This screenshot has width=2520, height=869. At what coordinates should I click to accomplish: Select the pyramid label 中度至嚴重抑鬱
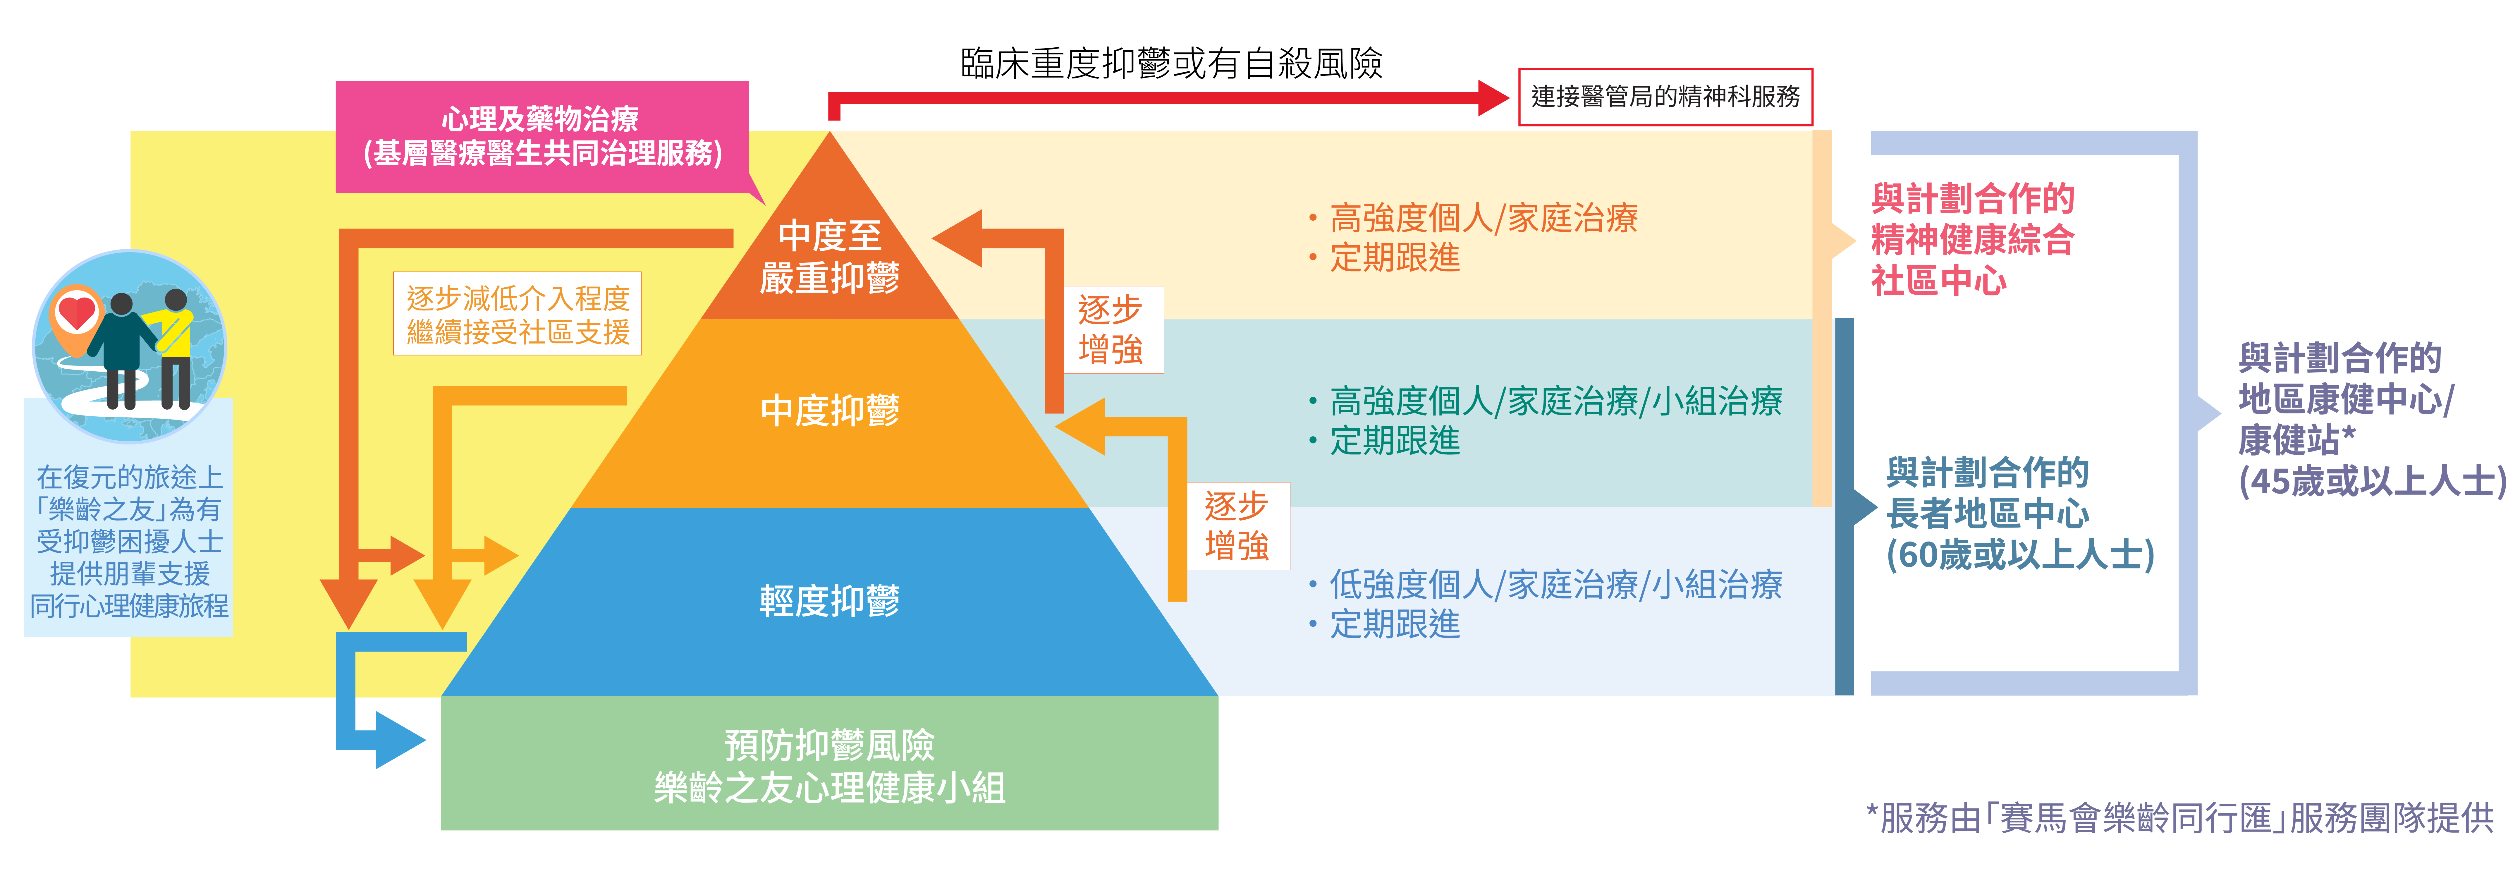point(830,256)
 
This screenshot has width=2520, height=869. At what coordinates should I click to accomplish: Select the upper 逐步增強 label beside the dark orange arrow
point(1110,330)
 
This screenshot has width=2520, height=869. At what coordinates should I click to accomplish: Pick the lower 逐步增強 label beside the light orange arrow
point(1237,525)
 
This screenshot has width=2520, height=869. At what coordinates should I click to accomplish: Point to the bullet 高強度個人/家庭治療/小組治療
point(1555,401)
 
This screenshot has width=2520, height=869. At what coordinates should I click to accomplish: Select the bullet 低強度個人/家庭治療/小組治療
point(1555,584)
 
